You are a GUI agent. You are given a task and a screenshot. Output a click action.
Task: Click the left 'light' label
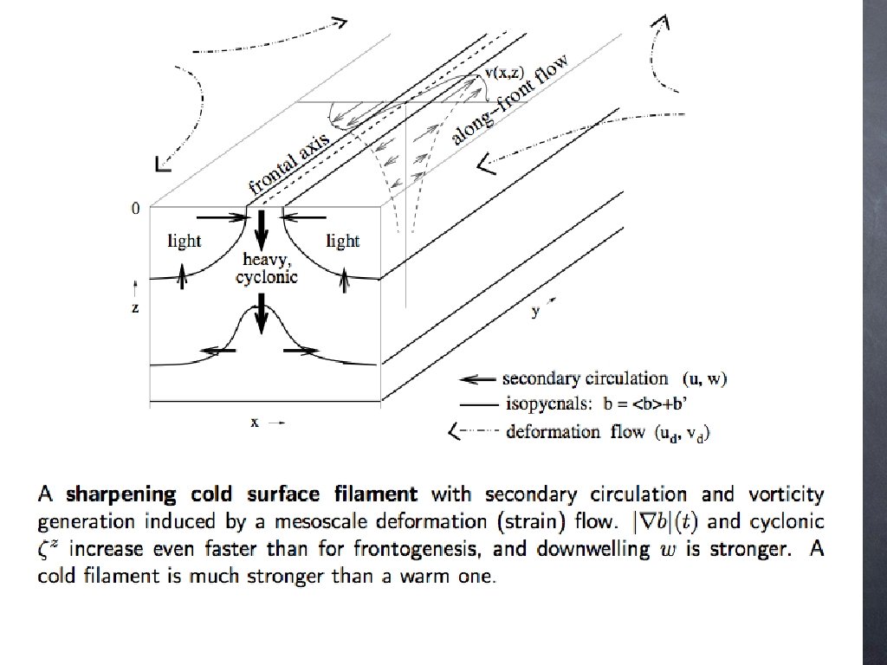point(184,242)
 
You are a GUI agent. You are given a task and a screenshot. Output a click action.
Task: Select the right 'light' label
point(342,242)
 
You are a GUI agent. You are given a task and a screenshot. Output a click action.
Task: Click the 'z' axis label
point(134,307)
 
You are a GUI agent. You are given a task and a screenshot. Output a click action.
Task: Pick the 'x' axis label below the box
point(256,423)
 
